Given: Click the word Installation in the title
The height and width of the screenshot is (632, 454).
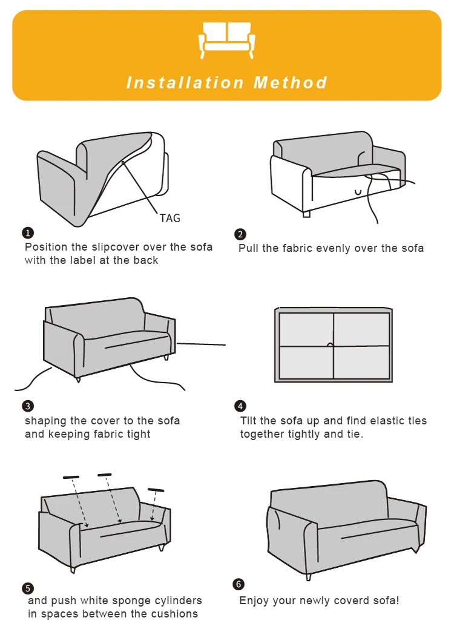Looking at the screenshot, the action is click(185, 82).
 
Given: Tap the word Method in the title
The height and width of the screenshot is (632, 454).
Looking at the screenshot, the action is click(291, 82).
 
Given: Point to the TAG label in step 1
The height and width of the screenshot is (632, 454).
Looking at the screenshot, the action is click(169, 218).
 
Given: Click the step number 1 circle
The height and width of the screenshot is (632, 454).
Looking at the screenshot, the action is click(28, 233).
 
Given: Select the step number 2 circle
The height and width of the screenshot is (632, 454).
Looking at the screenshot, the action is click(240, 234).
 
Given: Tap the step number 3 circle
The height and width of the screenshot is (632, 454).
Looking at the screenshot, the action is click(28, 406).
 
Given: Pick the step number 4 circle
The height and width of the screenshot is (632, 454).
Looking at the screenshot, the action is click(240, 406).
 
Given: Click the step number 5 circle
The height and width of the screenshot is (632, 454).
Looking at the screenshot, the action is click(28, 588).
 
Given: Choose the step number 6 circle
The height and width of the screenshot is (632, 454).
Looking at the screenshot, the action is click(239, 584).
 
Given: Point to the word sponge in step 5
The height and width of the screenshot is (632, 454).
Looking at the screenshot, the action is click(134, 601).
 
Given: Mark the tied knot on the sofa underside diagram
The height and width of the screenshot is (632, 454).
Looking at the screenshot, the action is click(331, 344).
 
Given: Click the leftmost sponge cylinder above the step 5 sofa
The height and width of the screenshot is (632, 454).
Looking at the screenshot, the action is click(71, 477).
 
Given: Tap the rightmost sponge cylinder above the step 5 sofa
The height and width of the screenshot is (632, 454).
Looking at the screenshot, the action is click(156, 490).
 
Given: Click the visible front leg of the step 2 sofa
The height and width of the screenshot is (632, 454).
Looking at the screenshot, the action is click(306, 214).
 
